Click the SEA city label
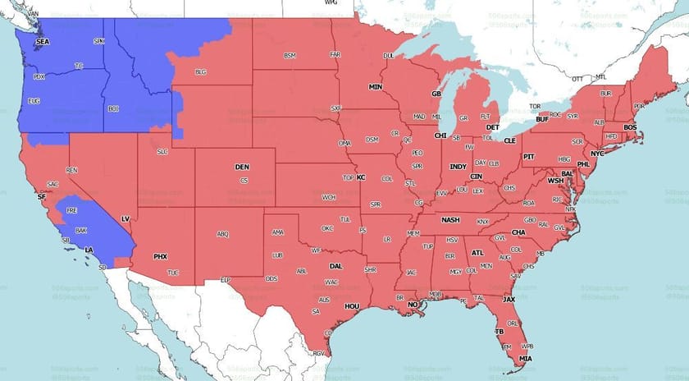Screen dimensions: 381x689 click(42, 41)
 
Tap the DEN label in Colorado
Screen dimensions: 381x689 click(242, 167)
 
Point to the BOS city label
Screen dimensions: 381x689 click(630, 127)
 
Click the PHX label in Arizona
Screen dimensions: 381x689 click(161, 257)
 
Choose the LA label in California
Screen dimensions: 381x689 click(88, 249)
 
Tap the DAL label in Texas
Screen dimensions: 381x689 click(335, 266)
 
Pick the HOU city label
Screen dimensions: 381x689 click(352, 306)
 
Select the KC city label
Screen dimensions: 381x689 click(360, 177)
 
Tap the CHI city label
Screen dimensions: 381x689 click(440, 135)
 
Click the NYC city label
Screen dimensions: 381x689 click(597, 154)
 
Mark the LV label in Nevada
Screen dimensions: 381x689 click(125, 219)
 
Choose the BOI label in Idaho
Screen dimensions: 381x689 click(113, 108)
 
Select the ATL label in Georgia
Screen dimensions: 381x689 click(477, 253)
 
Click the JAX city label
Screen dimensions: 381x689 click(509, 300)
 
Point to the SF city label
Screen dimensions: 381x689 click(42, 197)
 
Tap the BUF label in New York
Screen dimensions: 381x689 click(542, 120)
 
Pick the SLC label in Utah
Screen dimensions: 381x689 click(162, 151)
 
